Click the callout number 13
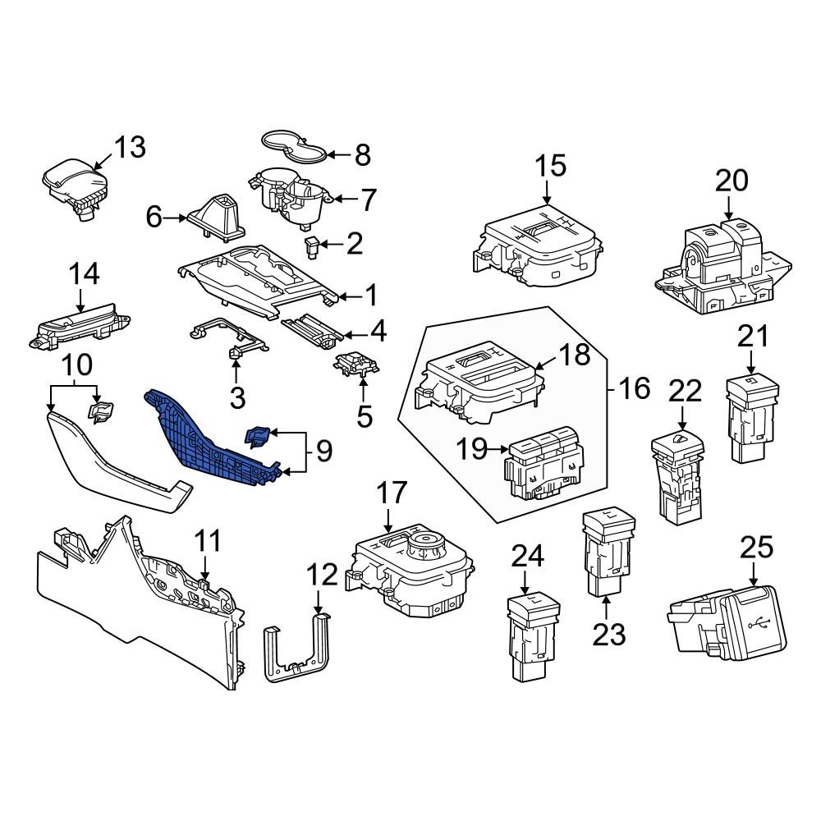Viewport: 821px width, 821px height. [129, 147]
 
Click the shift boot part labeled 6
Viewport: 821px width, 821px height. [216, 214]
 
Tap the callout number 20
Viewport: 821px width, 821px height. [732, 180]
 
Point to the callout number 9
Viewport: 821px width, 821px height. [323, 450]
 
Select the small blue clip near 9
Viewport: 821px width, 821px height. [258, 436]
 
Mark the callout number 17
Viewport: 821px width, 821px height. [392, 493]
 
